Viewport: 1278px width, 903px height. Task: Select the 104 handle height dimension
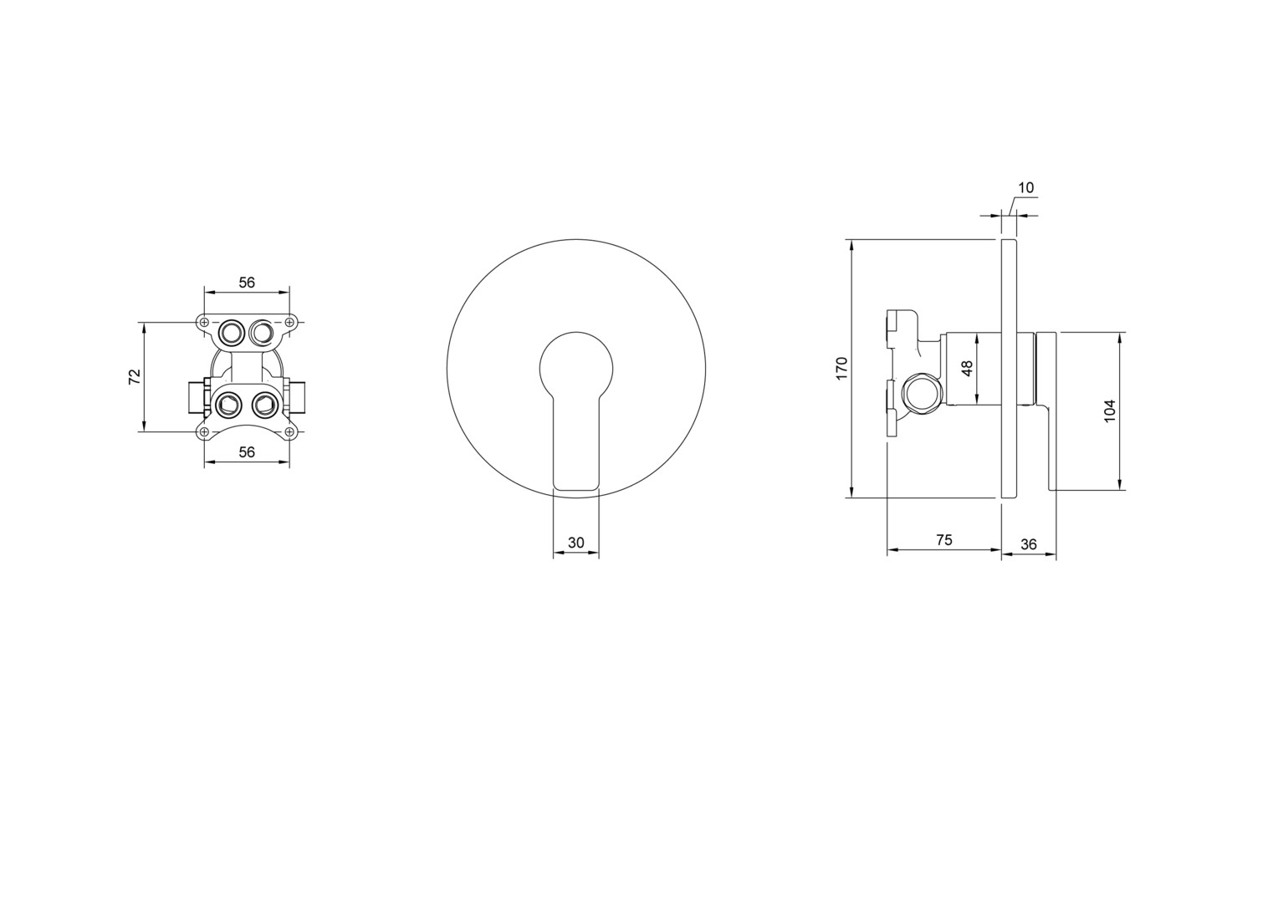[1110, 411]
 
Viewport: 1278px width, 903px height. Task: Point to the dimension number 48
[967, 368]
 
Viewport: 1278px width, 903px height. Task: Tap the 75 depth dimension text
[944, 539]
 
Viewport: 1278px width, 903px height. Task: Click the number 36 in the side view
[1029, 545]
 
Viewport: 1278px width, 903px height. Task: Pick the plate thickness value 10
[1025, 187]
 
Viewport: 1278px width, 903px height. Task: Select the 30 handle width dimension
[576, 543]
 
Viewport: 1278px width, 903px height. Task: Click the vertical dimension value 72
[135, 376]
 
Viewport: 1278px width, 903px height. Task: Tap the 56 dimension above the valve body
[247, 283]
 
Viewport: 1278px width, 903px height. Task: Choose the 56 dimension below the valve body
[247, 452]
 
